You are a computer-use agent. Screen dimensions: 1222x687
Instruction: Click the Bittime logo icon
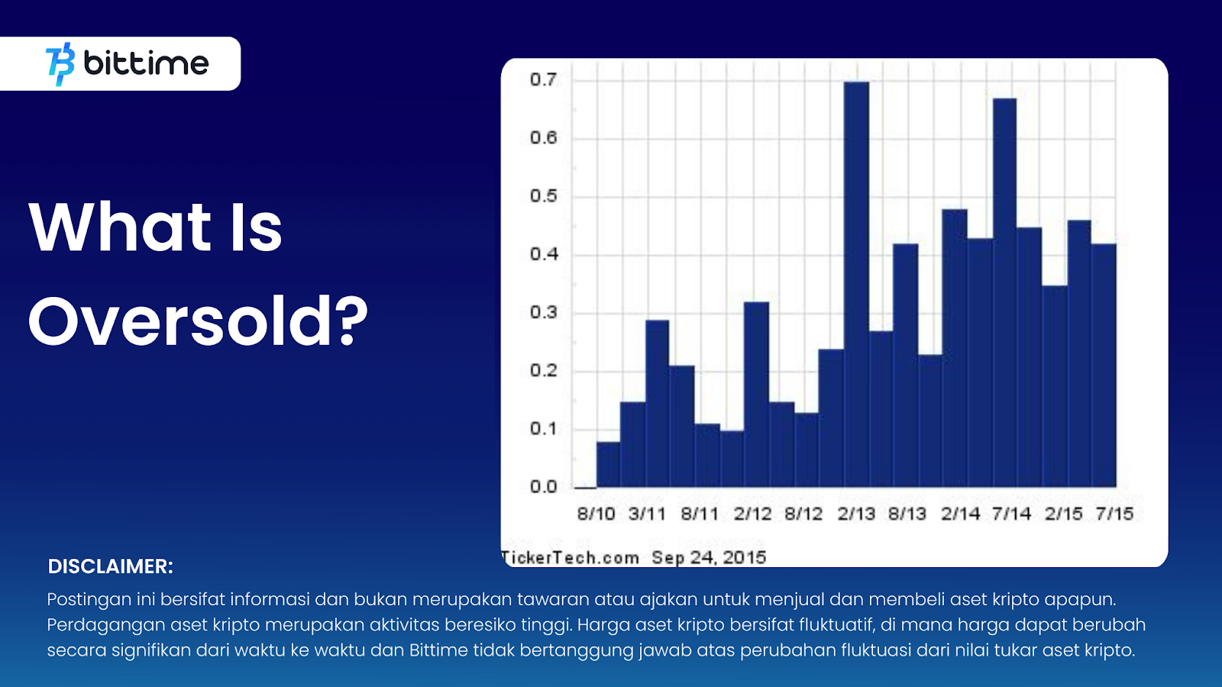pos(60,64)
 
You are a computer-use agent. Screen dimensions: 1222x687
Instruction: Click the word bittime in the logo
pos(146,63)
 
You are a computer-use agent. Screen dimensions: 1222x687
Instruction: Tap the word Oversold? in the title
pos(199,321)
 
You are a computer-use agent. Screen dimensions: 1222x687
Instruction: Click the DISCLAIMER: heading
pos(110,566)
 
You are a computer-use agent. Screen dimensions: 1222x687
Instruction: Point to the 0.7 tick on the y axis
pos(543,80)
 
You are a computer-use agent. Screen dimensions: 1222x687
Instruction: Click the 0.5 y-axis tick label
pos(543,195)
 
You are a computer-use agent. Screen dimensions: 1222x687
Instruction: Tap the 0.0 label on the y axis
pos(543,486)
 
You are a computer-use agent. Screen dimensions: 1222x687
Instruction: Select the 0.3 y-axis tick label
pos(543,312)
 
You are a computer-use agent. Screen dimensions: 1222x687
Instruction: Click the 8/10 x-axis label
pos(596,514)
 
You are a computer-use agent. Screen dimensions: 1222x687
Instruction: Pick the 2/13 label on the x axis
pos(856,514)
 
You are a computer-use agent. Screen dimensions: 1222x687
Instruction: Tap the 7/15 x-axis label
pos(1115,514)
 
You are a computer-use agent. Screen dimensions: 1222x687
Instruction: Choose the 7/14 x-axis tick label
pos(1011,514)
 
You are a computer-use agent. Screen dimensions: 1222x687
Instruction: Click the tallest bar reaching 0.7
pos(856,284)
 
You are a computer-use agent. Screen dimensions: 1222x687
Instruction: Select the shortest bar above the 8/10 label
pos(608,465)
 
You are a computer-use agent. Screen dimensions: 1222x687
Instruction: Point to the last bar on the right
pos(1104,366)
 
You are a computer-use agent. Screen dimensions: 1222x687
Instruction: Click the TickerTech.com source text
pos(570,558)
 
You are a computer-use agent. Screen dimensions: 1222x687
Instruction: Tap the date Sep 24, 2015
pos(710,558)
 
